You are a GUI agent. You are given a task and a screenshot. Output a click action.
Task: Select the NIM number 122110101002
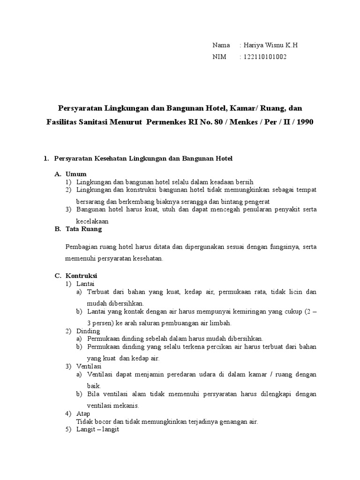(264, 57)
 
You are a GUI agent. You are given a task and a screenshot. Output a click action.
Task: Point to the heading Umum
(76, 174)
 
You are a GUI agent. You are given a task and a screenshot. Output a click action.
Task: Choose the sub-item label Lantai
(85, 284)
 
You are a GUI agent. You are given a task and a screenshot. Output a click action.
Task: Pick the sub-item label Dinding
(88, 331)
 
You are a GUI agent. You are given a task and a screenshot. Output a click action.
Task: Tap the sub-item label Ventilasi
(89, 366)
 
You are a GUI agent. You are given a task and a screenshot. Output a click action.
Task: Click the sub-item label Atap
(83, 414)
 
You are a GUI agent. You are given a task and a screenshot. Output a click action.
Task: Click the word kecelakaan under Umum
(92, 221)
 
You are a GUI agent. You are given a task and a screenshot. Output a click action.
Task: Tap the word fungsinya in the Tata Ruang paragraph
(284, 247)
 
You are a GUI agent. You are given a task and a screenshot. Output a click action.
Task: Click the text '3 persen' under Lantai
(97, 323)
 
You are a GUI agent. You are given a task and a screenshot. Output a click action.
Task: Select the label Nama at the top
(221, 45)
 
